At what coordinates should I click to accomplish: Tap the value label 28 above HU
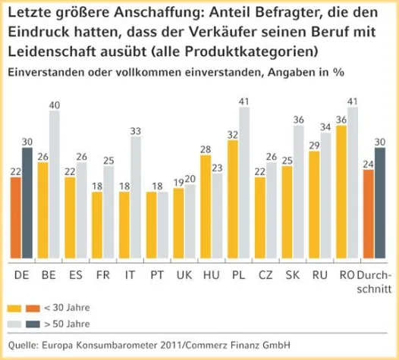[205, 149]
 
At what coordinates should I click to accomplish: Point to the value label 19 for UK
[178, 183]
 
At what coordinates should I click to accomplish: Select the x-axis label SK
[292, 272]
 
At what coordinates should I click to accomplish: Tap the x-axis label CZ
[265, 272]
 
